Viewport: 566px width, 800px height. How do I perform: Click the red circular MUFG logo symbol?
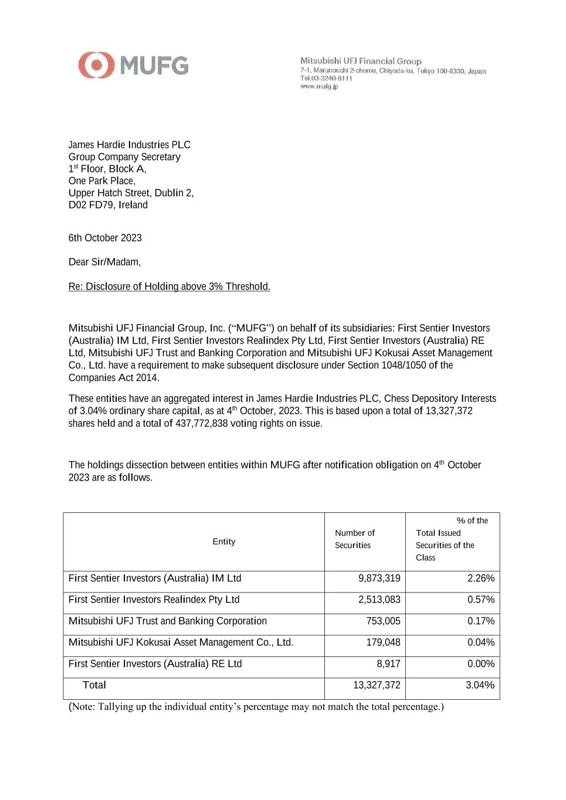[96, 65]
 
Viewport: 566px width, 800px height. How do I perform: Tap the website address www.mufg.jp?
[319, 87]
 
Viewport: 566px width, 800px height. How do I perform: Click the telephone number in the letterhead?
[327, 79]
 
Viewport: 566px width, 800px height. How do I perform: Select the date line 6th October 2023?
[105, 238]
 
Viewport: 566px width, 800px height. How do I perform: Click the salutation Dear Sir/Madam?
[104, 262]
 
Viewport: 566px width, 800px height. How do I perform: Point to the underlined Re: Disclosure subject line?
[169, 287]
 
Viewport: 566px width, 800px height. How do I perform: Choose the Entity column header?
[224, 542]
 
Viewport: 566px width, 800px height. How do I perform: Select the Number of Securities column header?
[355, 539]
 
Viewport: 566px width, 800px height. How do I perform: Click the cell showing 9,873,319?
[379, 578]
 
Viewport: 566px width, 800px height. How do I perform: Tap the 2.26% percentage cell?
[481, 578]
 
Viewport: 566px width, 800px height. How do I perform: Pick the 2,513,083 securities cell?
[379, 600]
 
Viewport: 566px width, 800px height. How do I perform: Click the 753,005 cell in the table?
[384, 621]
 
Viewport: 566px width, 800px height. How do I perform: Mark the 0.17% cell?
[481, 621]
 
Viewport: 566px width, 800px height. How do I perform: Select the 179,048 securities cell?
[384, 642]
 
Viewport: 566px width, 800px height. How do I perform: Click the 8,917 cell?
[388, 664]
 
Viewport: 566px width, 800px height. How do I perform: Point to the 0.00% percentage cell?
[481, 664]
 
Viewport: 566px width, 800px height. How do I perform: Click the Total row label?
[94, 685]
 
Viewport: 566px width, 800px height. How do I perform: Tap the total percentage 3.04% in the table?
[480, 685]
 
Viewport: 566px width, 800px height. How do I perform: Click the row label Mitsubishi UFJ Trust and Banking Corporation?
[168, 621]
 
